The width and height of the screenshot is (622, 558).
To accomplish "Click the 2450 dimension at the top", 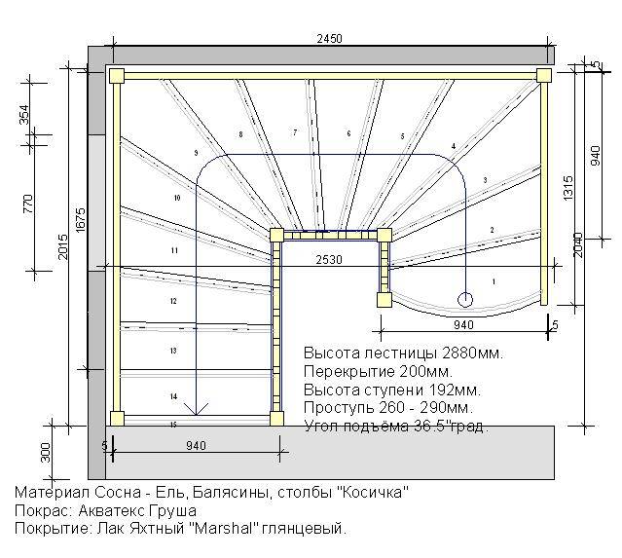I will point(329,38).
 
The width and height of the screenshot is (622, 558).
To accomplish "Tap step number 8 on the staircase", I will point(239,133).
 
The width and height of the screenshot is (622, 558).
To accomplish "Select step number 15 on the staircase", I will point(173,425).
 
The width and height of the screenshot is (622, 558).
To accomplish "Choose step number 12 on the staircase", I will point(173,302).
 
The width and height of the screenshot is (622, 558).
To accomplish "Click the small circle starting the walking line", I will point(464,298).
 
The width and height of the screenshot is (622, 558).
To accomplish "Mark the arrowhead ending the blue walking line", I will point(199,410).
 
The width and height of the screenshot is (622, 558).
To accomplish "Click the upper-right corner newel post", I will point(543,75).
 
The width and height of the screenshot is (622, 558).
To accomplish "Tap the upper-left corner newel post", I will point(118,75).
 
